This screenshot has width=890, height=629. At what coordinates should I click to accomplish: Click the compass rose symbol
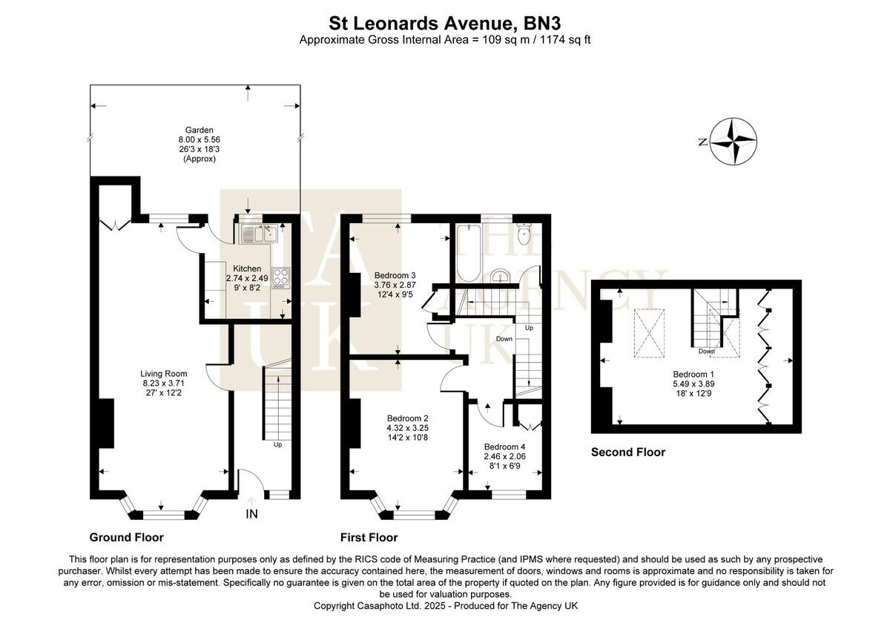tap(734, 141)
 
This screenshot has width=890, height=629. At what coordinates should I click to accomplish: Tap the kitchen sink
tap(257, 234)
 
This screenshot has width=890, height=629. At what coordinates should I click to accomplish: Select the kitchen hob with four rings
tap(282, 277)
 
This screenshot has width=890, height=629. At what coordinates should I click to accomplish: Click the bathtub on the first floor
tap(468, 252)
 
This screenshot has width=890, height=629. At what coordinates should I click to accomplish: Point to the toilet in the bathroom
tap(525, 234)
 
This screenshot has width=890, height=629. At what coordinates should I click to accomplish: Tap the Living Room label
tap(164, 373)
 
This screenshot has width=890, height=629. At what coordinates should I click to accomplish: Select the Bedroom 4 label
tap(504, 446)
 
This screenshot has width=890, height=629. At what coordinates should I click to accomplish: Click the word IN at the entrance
tap(251, 514)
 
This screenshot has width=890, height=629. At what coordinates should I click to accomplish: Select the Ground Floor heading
tap(126, 537)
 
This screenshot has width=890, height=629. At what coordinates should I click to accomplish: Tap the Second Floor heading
tap(627, 452)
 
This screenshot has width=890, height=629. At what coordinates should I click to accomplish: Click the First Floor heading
tap(369, 537)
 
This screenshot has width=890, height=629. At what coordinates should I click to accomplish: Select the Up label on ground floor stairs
tap(278, 445)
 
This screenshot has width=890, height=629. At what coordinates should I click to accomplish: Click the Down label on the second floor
tap(706, 352)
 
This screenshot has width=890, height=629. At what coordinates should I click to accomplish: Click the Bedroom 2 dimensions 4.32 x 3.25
tap(407, 427)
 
